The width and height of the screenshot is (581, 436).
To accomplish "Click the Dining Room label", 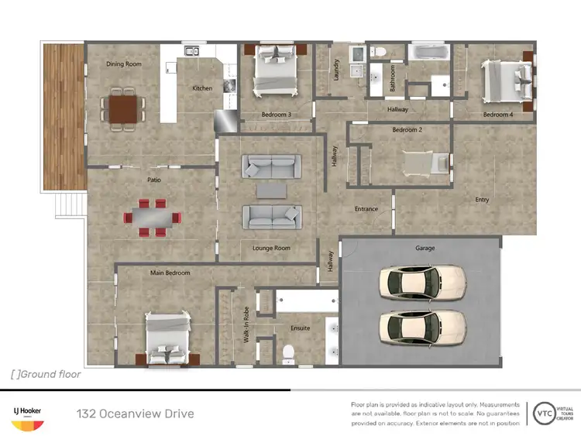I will [x=124, y=64].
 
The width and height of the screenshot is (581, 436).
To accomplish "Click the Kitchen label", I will [x=202, y=88].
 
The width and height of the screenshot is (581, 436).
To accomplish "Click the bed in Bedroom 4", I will [x=507, y=81].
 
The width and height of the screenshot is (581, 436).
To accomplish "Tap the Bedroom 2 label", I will [x=407, y=130].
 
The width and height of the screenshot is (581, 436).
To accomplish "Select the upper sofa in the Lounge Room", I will [x=271, y=166].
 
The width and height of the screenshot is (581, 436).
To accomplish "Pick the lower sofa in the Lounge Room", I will [x=271, y=216].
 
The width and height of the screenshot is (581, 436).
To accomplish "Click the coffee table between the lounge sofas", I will [x=271, y=190].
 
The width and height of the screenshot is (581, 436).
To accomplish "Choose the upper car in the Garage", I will [x=421, y=283].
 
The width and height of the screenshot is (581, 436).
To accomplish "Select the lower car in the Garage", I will [x=421, y=327].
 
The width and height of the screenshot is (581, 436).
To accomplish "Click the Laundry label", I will [x=337, y=70].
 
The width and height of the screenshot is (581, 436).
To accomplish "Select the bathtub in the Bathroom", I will [x=428, y=54].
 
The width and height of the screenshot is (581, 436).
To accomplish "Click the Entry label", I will [x=482, y=200].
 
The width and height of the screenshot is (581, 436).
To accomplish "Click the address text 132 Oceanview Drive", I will [x=136, y=414].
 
